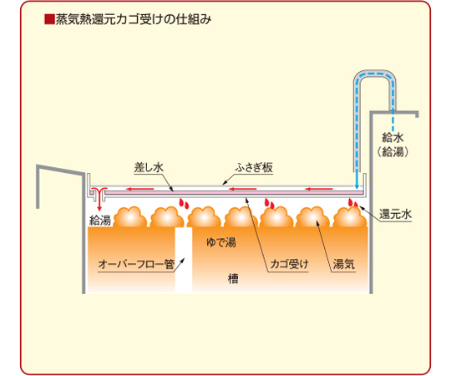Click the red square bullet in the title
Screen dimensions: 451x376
(x=49, y=19)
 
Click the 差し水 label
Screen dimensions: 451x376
(x=149, y=167)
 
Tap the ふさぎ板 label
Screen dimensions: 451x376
(x=254, y=167)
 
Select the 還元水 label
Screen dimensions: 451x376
(x=395, y=214)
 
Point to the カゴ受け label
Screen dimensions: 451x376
(x=289, y=264)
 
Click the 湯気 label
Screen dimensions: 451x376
(x=344, y=264)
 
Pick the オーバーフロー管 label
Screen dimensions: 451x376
(x=136, y=264)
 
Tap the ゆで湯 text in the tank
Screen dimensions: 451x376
(x=220, y=242)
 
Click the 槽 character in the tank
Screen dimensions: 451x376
(x=233, y=279)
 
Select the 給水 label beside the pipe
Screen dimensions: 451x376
(x=393, y=138)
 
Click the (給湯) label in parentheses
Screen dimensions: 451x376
(x=393, y=151)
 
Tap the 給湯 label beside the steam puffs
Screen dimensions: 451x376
(x=100, y=221)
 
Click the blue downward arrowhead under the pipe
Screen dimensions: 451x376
(x=357, y=186)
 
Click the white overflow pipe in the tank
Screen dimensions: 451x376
(x=184, y=260)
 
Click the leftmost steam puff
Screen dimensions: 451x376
(x=130, y=217)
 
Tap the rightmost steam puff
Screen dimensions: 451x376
(x=350, y=217)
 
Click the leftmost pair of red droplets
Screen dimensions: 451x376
(x=184, y=203)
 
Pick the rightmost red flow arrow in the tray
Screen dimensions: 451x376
(x=319, y=189)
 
